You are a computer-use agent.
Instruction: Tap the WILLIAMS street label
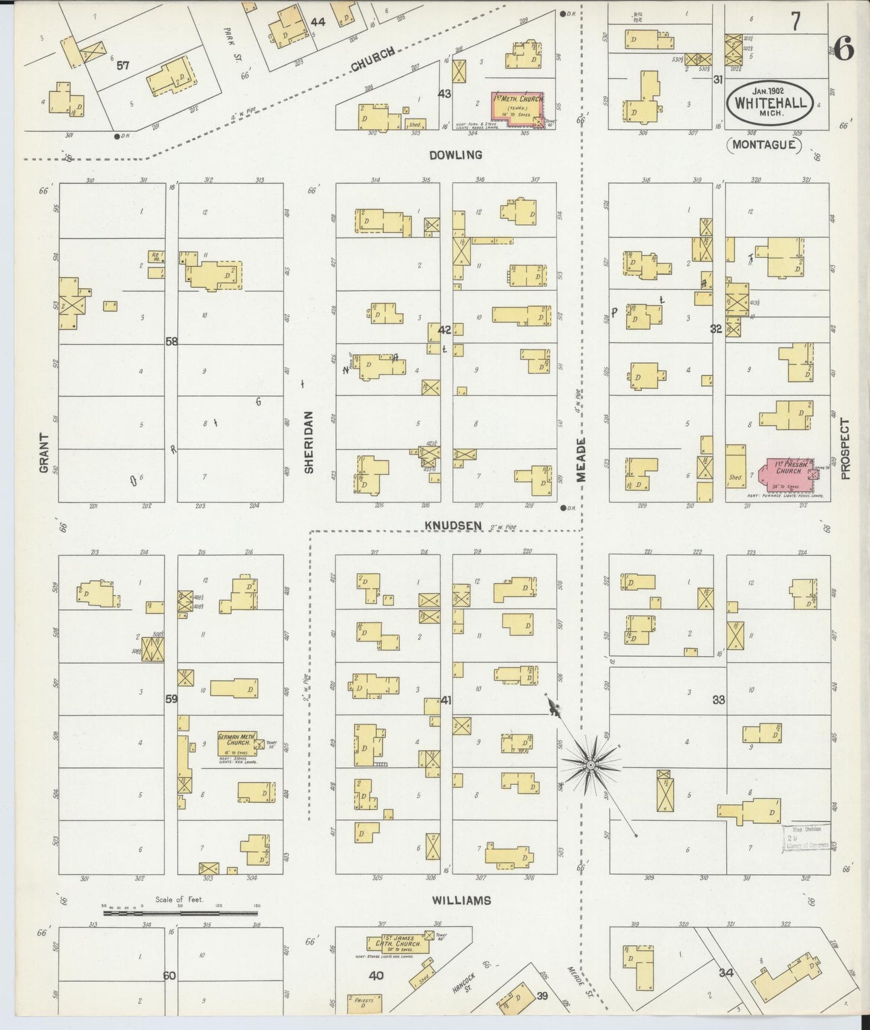(461, 900)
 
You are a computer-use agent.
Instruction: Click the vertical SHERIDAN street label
(309, 443)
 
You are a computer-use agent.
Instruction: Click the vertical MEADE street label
(581, 460)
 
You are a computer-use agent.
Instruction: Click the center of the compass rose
(591, 765)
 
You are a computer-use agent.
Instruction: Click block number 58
(172, 342)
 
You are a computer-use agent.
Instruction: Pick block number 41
(446, 700)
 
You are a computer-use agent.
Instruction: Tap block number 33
(718, 700)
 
